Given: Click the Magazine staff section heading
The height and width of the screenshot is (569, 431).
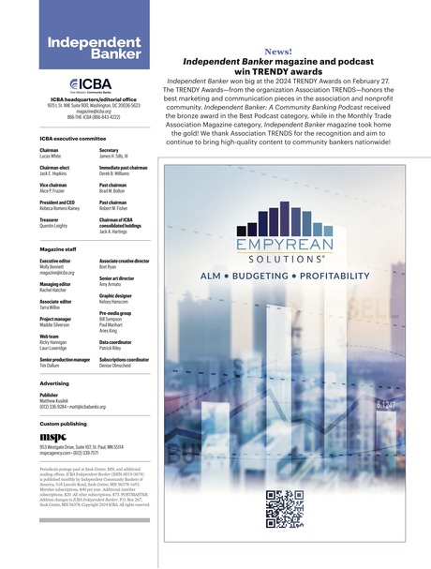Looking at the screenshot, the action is coord(58,249).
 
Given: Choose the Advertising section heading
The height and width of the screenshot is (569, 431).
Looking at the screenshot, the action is coord(54,383).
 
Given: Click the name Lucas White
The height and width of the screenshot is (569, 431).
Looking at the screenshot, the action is coord(52,155).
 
